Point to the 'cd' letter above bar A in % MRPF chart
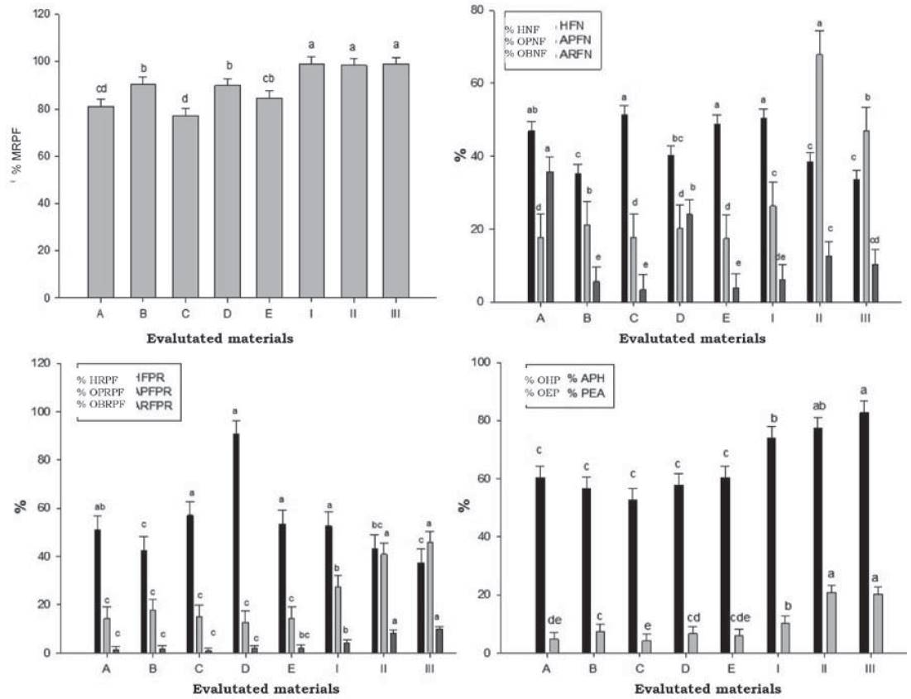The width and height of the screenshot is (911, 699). point(101,88)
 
